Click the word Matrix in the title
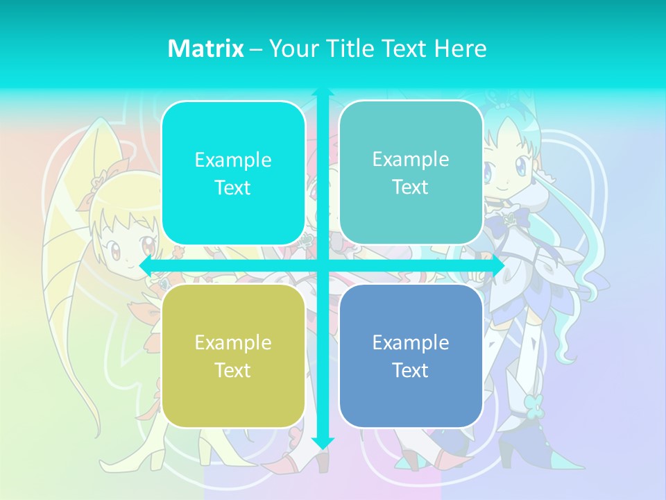point(205,49)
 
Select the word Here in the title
point(460,49)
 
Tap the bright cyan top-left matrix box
point(233,173)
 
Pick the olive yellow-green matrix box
point(233,356)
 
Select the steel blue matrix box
point(411,356)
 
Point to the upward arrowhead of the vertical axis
point(323,92)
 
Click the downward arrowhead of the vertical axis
point(323,444)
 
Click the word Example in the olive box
point(233,342)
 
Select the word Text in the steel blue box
point(411,370)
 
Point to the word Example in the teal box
point(411,159)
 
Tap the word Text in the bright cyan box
point(233,187)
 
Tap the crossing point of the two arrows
point(323,266)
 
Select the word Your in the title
point(291,49)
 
